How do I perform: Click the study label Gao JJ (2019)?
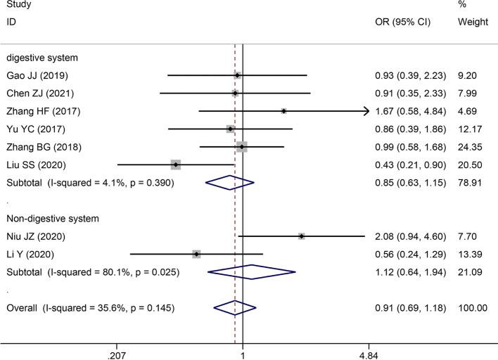(37, 75)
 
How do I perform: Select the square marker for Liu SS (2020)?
(176, 165)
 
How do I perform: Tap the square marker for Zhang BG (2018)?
(242, 147)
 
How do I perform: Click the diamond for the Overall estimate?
(235, 307)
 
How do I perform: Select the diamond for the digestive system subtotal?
(229, 183)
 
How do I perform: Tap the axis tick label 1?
(243, 356)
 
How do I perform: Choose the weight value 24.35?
(476, 147)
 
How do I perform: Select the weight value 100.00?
(474, 307)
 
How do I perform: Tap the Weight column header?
(473, 22)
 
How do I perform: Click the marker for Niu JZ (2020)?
(301, 236)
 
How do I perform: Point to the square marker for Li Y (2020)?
(196, 254)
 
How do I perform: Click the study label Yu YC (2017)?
(36, 129)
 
